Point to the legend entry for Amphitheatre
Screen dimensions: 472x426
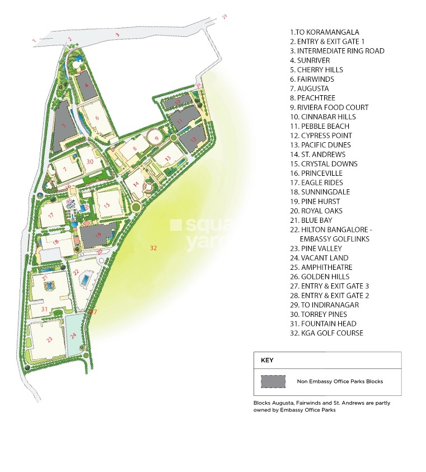click(321, 268)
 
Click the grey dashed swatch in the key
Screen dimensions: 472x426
click(273, 381)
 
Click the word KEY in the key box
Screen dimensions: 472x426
click(267, 360)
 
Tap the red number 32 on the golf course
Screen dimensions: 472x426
click(153, 247)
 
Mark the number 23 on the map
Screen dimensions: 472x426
click(49, 339)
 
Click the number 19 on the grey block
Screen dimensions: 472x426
click(99, 235)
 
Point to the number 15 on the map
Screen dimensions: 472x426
click(107, 204)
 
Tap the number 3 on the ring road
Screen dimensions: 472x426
click(117, 35)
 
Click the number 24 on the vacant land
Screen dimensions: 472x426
click(73, 336)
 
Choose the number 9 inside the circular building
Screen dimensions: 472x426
click(157, 138)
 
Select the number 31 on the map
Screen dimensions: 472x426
click(45, 309)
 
